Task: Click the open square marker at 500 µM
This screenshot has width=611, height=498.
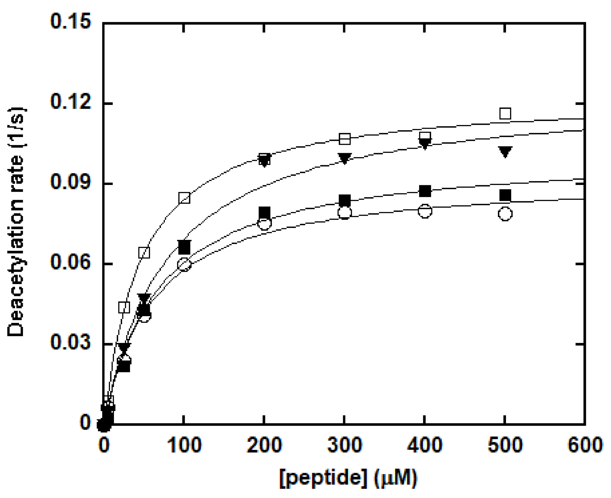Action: [x=505, y=114]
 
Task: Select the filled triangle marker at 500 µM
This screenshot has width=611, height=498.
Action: [x=505, y=151]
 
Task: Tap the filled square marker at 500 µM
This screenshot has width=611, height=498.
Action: [x=505, y=195]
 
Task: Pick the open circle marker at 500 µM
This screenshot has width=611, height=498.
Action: [x=505, y=214]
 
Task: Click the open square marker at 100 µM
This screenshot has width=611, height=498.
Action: [x=184, y=198]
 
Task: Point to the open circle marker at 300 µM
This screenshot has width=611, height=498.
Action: [x=344, y=212]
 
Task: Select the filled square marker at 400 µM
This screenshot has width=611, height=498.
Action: [x=425, y=191]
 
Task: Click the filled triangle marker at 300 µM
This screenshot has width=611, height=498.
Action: [x=344, y=158]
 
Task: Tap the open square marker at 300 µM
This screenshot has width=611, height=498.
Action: [x=344, y=139]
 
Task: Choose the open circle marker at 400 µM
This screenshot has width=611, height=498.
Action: [x=425, y=211]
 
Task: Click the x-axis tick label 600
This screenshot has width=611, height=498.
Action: [x=585, y=445]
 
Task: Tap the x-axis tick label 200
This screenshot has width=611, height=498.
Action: [x=264, y=445]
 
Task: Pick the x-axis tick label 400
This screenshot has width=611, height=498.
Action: [x=425, y=445]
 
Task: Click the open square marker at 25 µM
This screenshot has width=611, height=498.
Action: [x=124, y=307]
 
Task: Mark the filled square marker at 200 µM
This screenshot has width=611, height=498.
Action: [x=264, y=212]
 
